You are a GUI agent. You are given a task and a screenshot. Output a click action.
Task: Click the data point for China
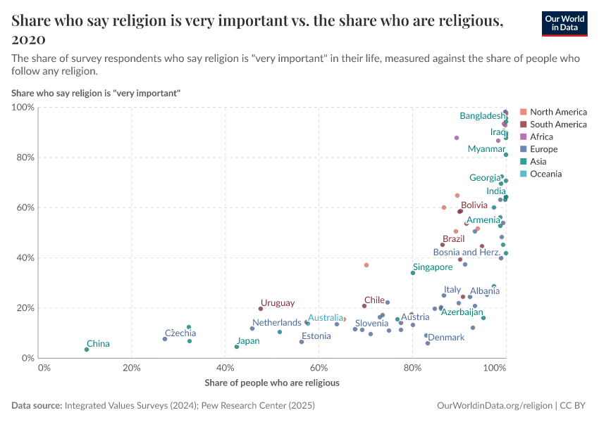tap(87, 350)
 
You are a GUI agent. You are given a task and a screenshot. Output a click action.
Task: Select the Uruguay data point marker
tap(261, 309)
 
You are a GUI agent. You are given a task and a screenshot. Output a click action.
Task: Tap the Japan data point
tap(237, 347)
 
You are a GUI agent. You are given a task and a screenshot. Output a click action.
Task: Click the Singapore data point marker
tap(413, 273)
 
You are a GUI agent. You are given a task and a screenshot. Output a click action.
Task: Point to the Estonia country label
tap(316, 336)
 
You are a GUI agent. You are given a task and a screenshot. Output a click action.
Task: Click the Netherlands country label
tap(277, 323)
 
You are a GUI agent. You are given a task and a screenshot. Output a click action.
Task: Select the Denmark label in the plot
tap(446, 338)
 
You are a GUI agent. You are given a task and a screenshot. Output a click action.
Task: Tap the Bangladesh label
tap(482, 116)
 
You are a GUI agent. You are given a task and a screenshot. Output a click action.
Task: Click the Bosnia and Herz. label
tap(467, 252)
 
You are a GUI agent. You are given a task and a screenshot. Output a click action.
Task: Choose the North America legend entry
tap(557, 112)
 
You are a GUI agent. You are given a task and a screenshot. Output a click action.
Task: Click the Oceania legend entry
tap(545, 174)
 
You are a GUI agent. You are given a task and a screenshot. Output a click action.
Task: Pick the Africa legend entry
tap(541, 136)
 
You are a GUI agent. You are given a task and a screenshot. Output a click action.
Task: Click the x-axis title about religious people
tap(272, 383)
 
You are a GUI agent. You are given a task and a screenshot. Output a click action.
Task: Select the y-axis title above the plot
tap(96, 93)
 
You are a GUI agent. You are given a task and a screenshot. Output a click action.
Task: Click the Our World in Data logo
tap(564, 23)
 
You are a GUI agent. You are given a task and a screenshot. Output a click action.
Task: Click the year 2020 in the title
tap(29, 39)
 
